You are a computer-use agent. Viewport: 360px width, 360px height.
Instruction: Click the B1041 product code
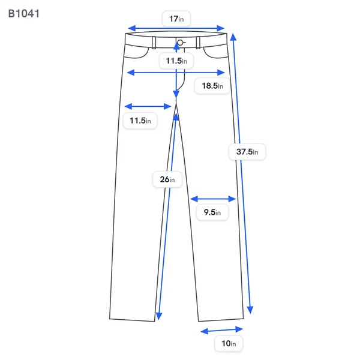23,14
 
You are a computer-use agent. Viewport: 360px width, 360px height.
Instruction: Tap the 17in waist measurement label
176,19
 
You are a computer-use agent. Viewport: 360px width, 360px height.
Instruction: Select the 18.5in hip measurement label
212,86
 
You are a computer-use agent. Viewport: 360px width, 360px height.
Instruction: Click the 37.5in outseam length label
247,152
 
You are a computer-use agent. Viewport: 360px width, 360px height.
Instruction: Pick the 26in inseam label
167,179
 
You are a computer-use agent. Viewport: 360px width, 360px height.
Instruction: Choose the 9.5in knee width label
212,212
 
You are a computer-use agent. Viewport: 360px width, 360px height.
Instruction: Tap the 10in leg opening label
229,343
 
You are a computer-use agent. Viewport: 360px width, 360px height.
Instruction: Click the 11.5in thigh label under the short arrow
140,121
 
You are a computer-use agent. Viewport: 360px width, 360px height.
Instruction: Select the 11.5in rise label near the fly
176,61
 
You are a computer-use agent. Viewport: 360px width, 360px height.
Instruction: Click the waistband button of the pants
180,43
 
